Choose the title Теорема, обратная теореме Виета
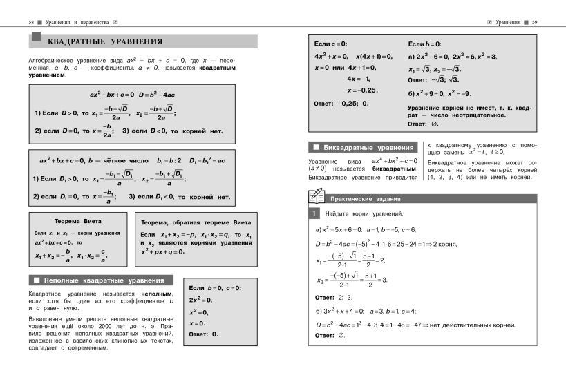(x=196, y=223)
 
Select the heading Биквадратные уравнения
(x=367, y=148)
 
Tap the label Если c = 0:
(x=331, y=44)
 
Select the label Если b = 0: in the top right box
(x=424, y=44)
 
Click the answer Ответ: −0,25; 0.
(x=341, y=103)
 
